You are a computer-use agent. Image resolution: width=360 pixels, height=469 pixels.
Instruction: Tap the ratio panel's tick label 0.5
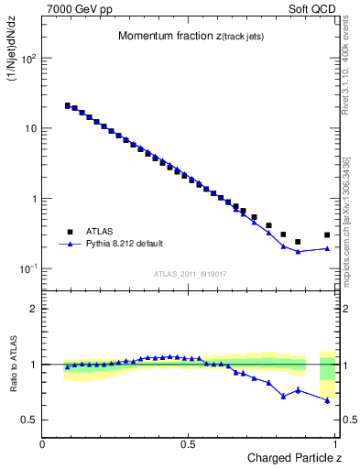[x=30, y=420]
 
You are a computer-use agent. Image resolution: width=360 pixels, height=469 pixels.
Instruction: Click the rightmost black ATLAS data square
[x=327, y=234]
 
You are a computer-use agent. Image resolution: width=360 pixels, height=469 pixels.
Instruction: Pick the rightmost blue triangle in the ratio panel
[x=327, y=400]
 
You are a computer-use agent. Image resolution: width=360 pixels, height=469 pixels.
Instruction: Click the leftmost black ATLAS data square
[x=67, y=105]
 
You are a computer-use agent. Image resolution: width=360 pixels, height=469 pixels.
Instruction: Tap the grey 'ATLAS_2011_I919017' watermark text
[x=190, y=273]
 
